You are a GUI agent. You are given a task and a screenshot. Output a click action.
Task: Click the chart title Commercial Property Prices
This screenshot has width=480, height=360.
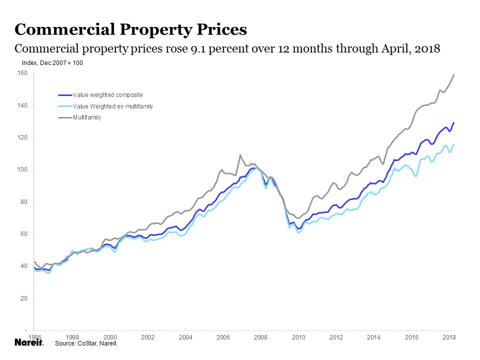(x=131, y=29)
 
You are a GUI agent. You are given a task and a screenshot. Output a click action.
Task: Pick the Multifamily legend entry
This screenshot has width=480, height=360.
(x=87, y=117)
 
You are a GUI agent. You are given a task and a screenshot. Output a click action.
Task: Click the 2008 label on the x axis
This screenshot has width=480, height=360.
(x=260, y=337)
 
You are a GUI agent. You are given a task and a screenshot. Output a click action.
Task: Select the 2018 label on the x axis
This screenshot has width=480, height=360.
(x=448, y=337)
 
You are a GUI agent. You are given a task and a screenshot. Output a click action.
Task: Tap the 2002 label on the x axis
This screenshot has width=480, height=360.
(x=147, y=337)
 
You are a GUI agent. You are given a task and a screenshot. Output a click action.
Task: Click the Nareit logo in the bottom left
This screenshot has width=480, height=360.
(x=29, y=343)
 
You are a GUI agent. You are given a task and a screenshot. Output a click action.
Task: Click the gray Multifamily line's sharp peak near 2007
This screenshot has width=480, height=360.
(x=240, y=155)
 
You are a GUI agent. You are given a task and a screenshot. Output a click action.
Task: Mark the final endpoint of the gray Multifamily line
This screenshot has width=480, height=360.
(x=453, y=75)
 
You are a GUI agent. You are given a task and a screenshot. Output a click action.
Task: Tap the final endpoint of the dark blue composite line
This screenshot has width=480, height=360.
(x=453, y=122)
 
